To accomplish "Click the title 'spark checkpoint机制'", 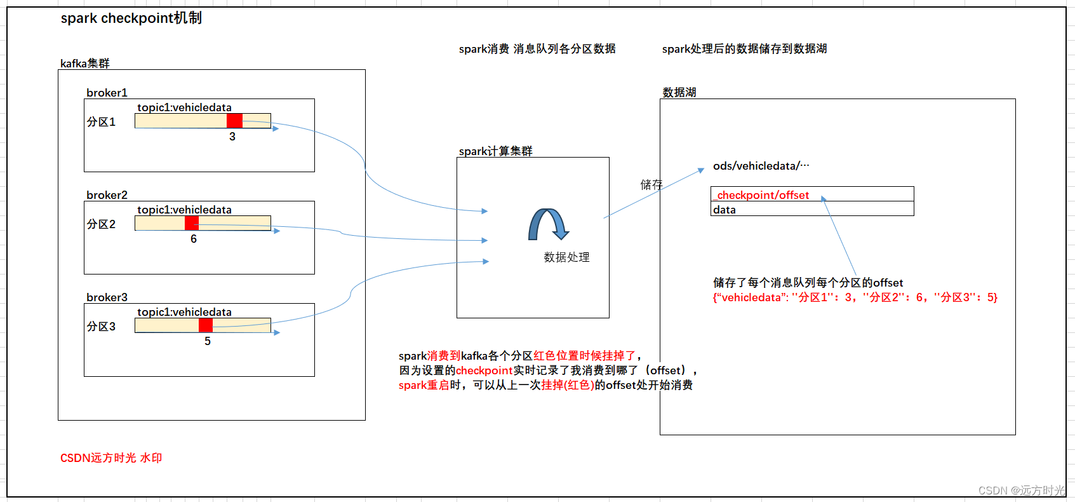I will tap(131, 18).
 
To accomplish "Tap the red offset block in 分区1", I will tap(234, 121).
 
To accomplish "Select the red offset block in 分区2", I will tap(192, 223).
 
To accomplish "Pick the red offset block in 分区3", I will tap(206, 325).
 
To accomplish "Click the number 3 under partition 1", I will tap(232, 137).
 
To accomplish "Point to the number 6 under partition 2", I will tap(194, 239).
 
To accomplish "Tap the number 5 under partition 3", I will tap(208, 341).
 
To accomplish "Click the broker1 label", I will tap(107, 93).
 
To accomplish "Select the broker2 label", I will tap(107, 195).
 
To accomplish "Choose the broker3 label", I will tap(107, 297).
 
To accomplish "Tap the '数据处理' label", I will tap(566, 257).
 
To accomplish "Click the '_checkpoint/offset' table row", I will tap(811, 194).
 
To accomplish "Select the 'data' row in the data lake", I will tap(811, 209).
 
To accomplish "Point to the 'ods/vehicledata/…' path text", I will tap(761, 166).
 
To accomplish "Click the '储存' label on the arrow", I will tap(651, 185).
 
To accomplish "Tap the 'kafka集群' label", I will tap(85, 64).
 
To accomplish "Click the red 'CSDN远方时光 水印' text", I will tap(111, 458).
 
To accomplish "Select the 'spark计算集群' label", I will tap(496, 151).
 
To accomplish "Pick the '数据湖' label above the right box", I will tap(679, 93).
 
